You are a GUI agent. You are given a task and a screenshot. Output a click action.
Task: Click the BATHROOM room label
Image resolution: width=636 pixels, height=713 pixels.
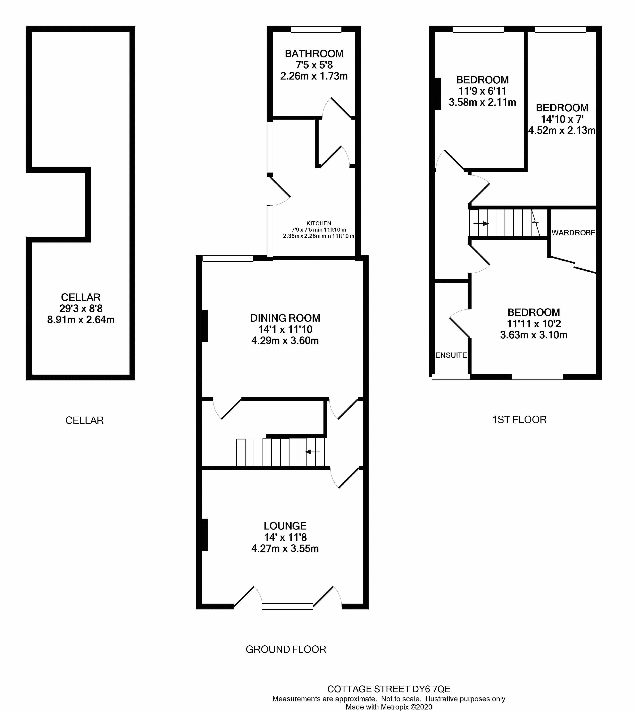314,54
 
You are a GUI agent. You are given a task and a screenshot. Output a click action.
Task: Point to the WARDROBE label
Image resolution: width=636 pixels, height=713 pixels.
573,233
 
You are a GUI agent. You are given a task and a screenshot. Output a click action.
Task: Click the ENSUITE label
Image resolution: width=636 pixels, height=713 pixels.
451,355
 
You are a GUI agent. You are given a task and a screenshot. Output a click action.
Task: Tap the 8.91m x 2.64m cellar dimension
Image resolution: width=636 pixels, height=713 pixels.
81,320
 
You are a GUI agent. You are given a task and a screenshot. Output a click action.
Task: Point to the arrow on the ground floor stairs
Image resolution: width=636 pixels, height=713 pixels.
313,452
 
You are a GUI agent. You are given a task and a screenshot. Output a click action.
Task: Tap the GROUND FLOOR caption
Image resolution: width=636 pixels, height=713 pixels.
286,649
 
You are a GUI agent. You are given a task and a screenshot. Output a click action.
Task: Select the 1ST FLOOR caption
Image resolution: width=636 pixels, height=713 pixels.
519,419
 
